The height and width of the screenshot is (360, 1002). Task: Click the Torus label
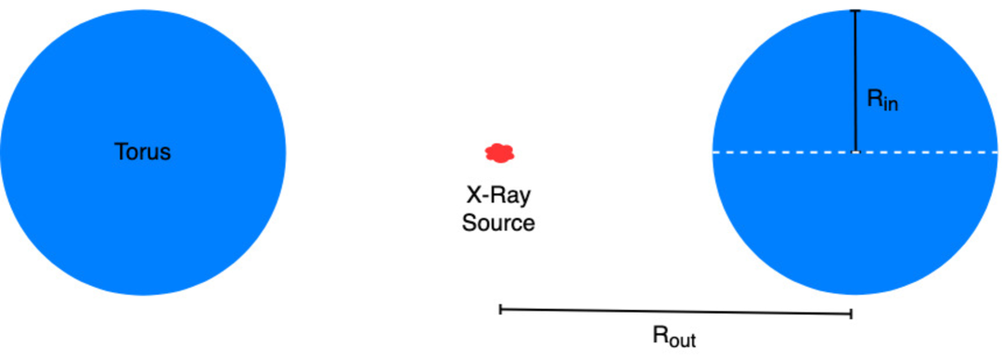click(x=143, y=152)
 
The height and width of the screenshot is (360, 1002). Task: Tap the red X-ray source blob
click(x=500, y=151)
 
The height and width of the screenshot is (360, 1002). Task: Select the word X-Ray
click(x=498, y=197)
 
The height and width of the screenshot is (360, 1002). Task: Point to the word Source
click(x=498, y=224)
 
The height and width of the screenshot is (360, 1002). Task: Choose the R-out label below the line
click(x=674, y=336)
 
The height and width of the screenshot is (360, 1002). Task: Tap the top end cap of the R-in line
click(x=855, y=10)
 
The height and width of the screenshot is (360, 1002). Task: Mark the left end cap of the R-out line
click(x=501, y=310)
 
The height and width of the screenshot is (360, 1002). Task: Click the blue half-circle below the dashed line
click(x=855, y=223)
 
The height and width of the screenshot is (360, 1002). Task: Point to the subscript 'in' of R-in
click(x=891, y=105)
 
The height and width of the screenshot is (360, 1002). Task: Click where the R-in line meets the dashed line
click(x=855, y=151)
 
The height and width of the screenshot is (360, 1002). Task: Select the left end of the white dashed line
click(x=714, y=151)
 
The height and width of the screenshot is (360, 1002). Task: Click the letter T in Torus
click(x=120, y=152)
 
